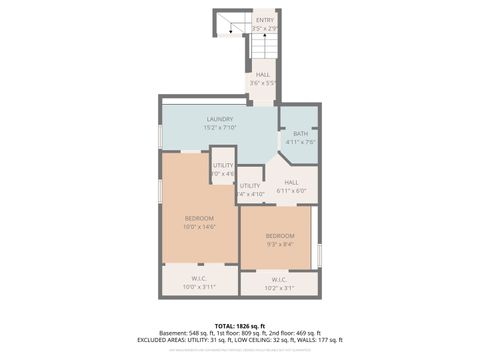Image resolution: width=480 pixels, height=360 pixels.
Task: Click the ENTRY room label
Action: coord(264,20)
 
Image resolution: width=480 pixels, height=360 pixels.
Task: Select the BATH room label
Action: coord(300,133)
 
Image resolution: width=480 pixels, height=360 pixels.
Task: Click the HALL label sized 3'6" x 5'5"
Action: coord(262,74)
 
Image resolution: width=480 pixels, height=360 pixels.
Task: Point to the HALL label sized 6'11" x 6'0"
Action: coord(291,182)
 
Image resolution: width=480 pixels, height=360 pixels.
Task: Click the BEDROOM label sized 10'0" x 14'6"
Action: coord(198,218)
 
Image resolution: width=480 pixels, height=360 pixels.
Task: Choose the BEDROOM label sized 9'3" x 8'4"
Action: coord(280,236)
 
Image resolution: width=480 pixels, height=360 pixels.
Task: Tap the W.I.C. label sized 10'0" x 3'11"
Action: coord(198,279)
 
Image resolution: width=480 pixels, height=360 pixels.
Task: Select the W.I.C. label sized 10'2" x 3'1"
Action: coord(279,279)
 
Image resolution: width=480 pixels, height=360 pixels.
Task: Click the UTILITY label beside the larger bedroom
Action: coord(222,165)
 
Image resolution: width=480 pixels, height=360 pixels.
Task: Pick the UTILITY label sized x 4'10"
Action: coord(250,186)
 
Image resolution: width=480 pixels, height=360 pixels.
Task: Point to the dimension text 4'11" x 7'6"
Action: coord(300,142)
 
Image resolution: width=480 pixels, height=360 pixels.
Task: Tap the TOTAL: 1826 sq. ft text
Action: coord(239,326)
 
